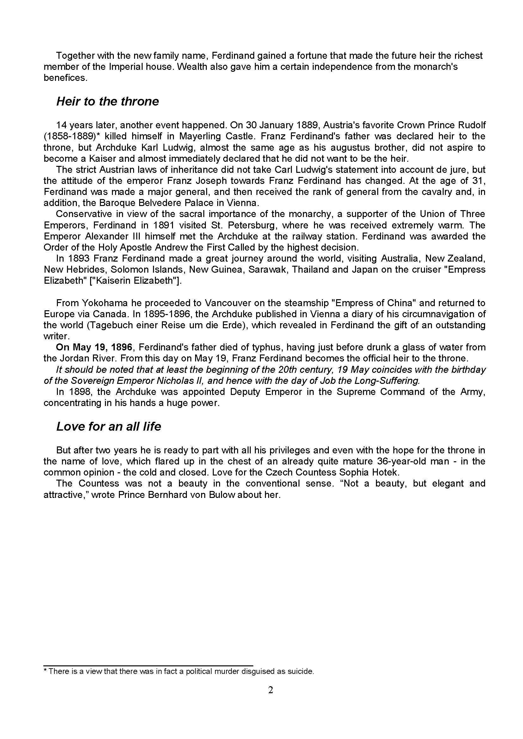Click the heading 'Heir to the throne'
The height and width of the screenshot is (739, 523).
click(x=108, y=102)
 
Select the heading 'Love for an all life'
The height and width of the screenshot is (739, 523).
click(x=108, y=427)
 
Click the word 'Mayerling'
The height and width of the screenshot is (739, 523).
click(x=200, y=136)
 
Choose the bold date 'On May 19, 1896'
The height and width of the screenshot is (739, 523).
click(x=94, y=348)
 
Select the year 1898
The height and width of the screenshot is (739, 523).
click(x=77, y=392)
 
